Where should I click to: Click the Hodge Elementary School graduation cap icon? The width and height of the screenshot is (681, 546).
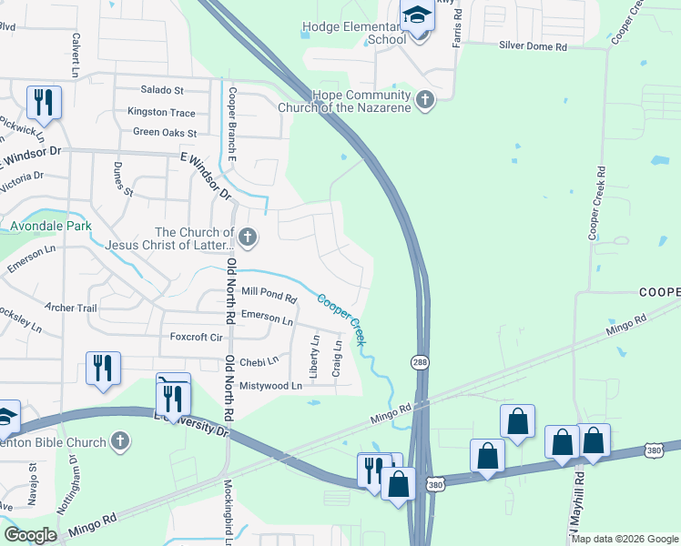pyautogui.click(x=417, y=16)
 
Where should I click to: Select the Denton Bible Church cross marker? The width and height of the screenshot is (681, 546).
pyautogui.click(x=119, y=442)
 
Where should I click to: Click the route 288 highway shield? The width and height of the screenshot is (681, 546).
pyautogui.click(x=419, y=362)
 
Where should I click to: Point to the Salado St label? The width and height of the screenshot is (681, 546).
pyautogui.click(x=162, y=91)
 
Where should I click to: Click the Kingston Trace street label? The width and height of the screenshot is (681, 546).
pyautogui.click(x=161, y=112)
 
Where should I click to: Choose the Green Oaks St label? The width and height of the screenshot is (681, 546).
pyautogui.click(x=165, y=133)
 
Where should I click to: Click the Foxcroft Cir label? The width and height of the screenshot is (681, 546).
pyautogui.click(x=197, y=337)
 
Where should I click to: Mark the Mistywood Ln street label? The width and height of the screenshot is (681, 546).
pyautogui.click(x=269, y=386)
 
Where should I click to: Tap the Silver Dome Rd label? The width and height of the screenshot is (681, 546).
pyautogui.click(x=533, y=46)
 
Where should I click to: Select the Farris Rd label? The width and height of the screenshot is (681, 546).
pyautogui.click(x=458, y=27)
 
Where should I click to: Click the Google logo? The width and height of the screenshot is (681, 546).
pyautogui.click(x=30, y=535)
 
